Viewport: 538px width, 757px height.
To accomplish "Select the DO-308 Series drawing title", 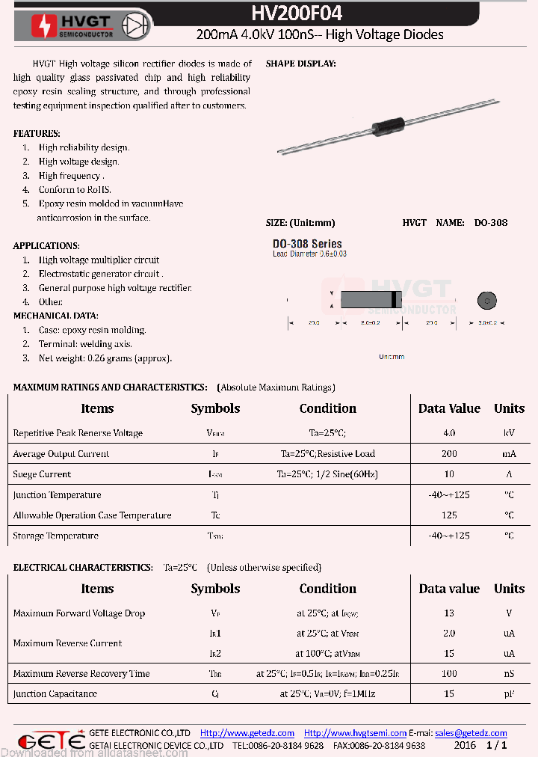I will click(x=307, y=244).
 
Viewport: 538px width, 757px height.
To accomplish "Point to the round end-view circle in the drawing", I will click(x=486, y=301).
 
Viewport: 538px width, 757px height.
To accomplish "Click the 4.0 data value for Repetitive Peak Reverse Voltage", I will click(x=449, y=433).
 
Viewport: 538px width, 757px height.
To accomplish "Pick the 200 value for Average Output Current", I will click(x=449, y=454).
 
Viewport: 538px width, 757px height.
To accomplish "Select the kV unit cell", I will click(x=509, y=433).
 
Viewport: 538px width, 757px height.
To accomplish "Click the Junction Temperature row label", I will click(x=57, y=495).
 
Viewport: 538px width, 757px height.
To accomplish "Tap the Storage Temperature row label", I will click(x=55, y=536).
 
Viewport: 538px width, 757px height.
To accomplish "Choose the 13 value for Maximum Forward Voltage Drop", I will click(x=449, y=613).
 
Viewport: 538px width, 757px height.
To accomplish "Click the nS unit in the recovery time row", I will click(x=509, y=674).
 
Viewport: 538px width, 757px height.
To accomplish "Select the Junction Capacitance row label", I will click(x=55, y=694).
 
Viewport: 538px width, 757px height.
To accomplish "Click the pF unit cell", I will click(x=509, y=694).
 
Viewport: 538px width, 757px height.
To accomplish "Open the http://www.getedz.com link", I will click(x=247, y=733).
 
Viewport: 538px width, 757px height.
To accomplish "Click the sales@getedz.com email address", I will click(x=471, y=733).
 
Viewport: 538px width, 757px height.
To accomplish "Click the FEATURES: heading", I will click(x=37, y=134).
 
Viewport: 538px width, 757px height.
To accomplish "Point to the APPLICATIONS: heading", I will click(x=46, y=246).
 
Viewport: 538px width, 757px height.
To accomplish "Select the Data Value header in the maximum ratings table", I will click(x=449, y=408).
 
